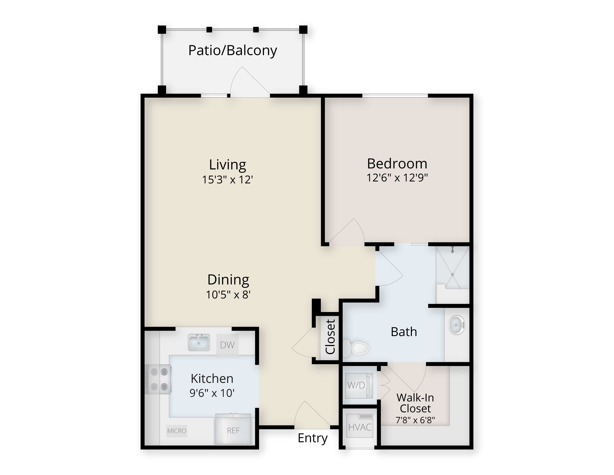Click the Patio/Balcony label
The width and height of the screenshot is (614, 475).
233,51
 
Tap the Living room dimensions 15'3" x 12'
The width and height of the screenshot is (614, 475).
228,180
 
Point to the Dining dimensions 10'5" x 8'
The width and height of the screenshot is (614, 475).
228,295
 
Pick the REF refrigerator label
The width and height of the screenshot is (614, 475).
233,431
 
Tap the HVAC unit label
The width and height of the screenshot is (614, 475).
360,427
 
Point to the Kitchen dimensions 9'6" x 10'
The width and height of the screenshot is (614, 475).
212,393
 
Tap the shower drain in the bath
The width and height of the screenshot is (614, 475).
453,274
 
